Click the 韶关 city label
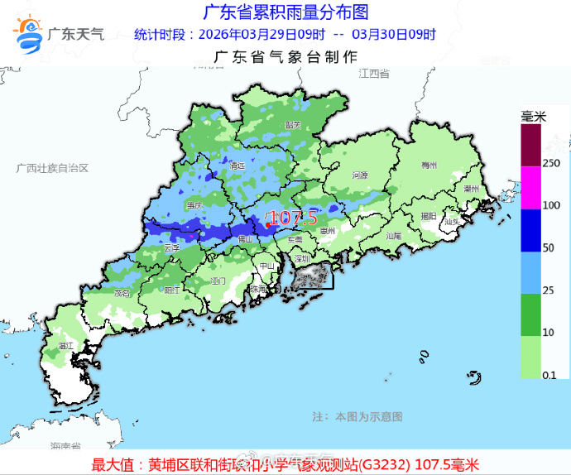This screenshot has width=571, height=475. pos(291,124)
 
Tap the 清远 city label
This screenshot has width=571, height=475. pos(238,166)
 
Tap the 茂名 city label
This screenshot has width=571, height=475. pos(123,292)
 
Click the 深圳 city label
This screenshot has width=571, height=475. pos(301,258)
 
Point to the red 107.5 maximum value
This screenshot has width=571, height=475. pos(294,218)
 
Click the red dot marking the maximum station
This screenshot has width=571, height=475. pos(268,224)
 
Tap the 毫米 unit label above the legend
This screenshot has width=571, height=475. pos(534,117)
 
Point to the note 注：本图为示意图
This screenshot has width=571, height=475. pos(357,415)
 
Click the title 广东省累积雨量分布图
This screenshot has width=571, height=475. pos(285,12)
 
